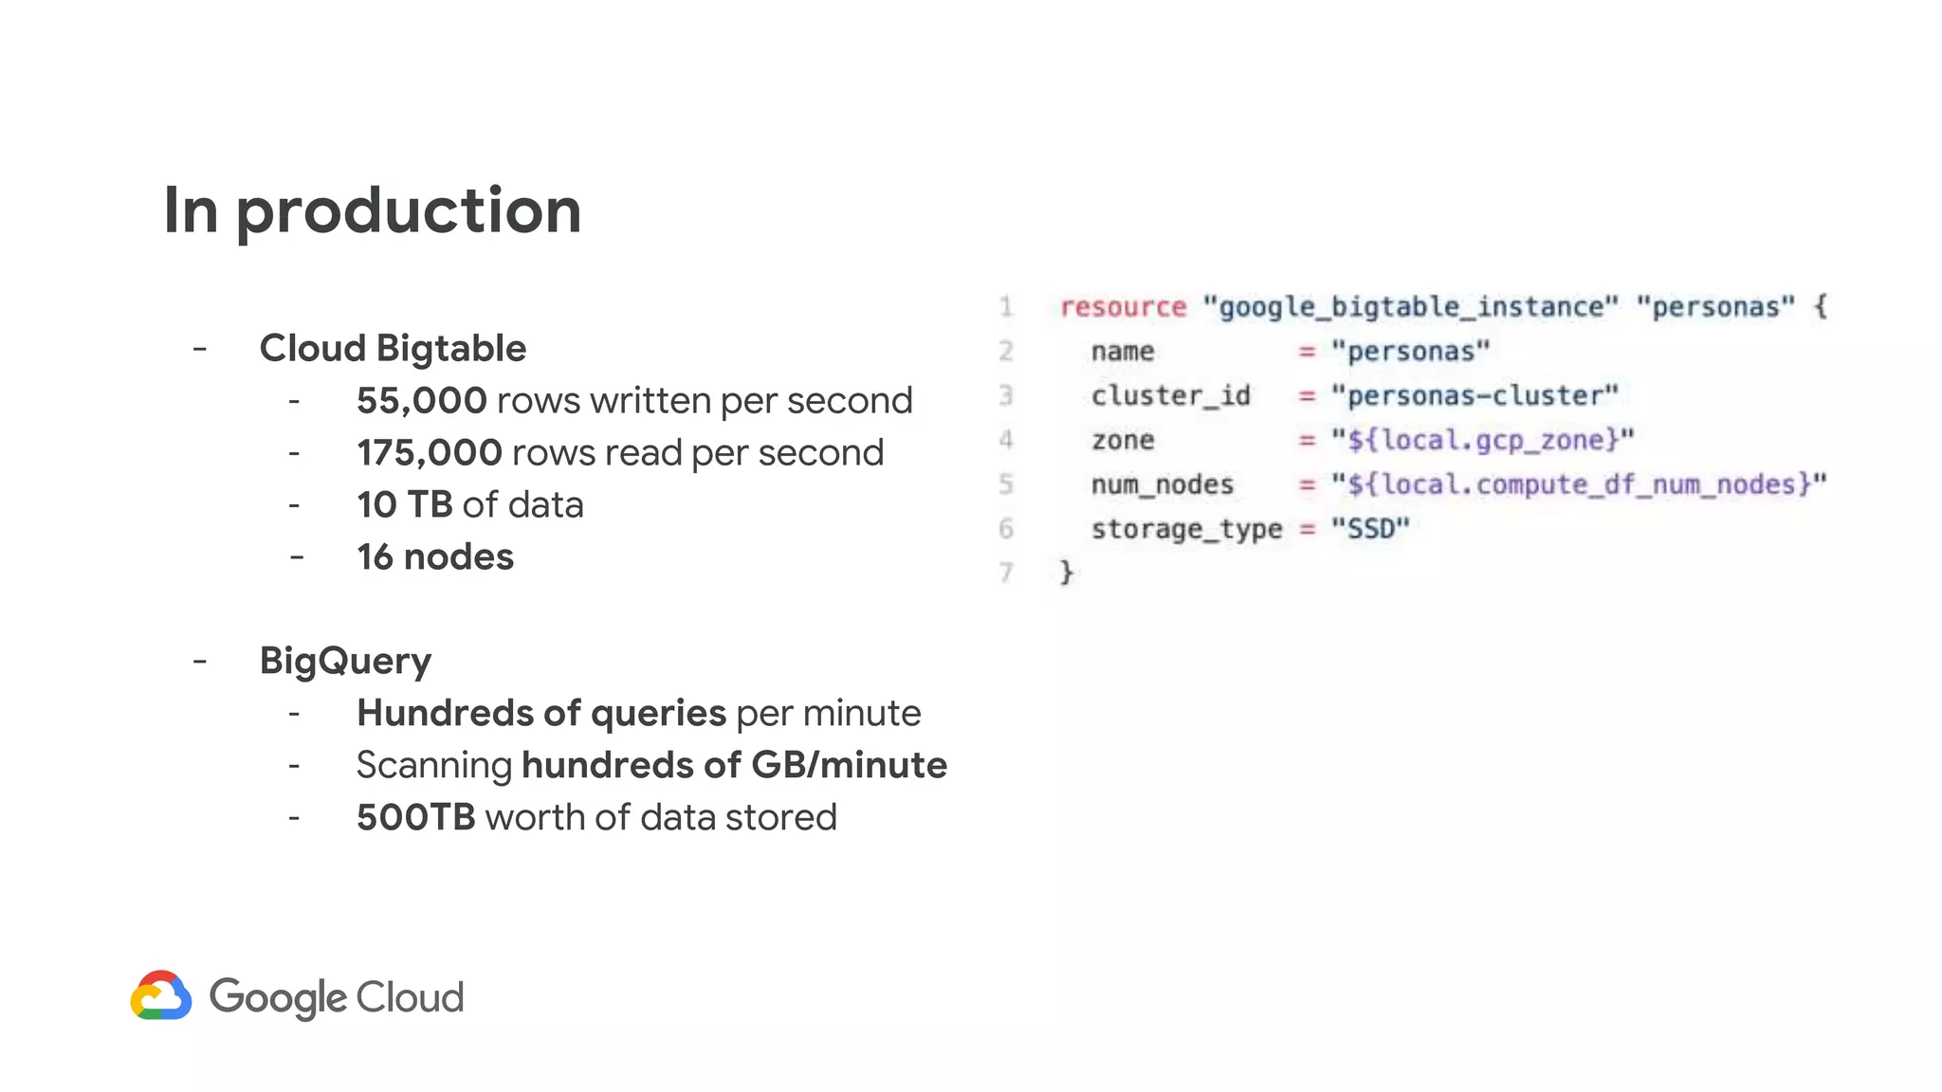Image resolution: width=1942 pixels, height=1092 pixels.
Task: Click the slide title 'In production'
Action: click(372, 210)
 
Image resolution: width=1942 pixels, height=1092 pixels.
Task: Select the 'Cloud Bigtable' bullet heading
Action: click(393, 349)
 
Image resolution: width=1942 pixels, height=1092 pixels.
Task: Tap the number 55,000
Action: click(421, 401)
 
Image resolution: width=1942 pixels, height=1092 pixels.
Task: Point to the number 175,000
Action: click(429, 453)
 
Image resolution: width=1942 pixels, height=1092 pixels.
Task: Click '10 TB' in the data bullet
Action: click(405, 505)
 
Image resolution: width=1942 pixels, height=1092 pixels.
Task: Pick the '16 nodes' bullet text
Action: click(435, 557)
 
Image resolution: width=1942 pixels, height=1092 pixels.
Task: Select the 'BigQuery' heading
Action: click(345, 661)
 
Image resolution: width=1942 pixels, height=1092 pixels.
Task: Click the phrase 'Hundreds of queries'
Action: click(540, 713)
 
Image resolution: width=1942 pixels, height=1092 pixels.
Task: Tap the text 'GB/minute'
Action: click(849, 765)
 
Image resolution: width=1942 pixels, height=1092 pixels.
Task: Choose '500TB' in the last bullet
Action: click(415, 817)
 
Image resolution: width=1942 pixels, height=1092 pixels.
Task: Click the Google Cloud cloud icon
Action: click(161, 995)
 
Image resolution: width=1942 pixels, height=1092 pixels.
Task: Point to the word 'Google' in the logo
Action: click(278, 997)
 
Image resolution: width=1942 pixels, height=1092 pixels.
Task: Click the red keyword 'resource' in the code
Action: click(1123, 307)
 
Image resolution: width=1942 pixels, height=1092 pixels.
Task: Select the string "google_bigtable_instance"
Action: click(1410, 307)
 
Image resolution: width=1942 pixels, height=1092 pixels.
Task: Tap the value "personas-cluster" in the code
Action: click(1475, 395)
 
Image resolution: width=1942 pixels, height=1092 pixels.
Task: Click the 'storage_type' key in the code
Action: click(1186, 529)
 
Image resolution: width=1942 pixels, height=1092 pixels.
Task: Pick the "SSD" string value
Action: click(1370, 529)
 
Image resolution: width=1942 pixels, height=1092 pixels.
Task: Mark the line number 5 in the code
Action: click(1006, 484)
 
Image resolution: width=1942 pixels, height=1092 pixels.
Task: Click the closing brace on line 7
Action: click(1067, 573)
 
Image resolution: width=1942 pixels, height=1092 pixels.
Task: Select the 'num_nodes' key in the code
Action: click(1162, 484)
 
